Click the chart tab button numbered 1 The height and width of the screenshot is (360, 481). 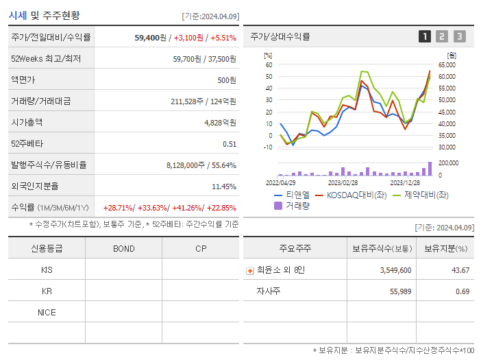coord(425,36)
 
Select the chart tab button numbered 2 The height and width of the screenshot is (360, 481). coord(442,36)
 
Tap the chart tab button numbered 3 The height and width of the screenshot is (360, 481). coord(459,36)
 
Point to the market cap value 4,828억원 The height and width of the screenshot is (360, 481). coord(220,123)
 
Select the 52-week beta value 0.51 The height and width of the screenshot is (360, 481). coord(230,144)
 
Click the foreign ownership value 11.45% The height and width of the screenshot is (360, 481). coord(224,187)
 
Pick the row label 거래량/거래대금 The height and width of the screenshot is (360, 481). coord(40,101)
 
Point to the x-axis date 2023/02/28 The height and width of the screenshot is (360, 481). coord(342,183)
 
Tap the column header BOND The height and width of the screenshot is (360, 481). coord(123,248)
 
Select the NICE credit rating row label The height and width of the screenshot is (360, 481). coord(47,313)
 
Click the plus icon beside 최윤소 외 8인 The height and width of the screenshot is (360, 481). coord(249,271)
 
